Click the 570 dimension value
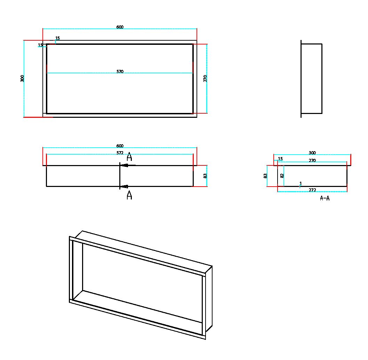pyautogui.click(x=120, y=72)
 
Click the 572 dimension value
pyautogui.click(x=120, y=153)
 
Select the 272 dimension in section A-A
pyautogui.click(x=312, y=190)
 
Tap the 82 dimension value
pyautogui.click(x=282, y=176)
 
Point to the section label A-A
pyautogui.click(x=325, y=198)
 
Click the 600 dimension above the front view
pyautogui.click(x=120, y=27)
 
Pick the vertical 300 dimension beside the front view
pyautogui.click(x=23, y=79)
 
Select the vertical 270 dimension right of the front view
pyautogui.click(x=205, y=79)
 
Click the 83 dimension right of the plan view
pyautogui.click(x=205, y=176)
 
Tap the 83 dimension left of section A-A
pyautogui.click(x=266, y=176)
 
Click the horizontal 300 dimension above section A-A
pyautogui.click(x=312, y=153)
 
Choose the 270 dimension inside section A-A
pyautogui.click(x=312, y=160)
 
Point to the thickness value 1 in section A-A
pyautogui.click(x=301, y=183)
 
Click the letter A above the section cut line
pyautogui.click(x=129, y=157)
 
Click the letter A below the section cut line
pyautogui.click(x=129, y=195)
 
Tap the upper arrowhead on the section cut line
pyautogui.click(x=125, y=165)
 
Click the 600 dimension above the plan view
pyautogui.click(x=120, y=146)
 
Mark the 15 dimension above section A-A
pyautogui.click(x=280, y=159)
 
